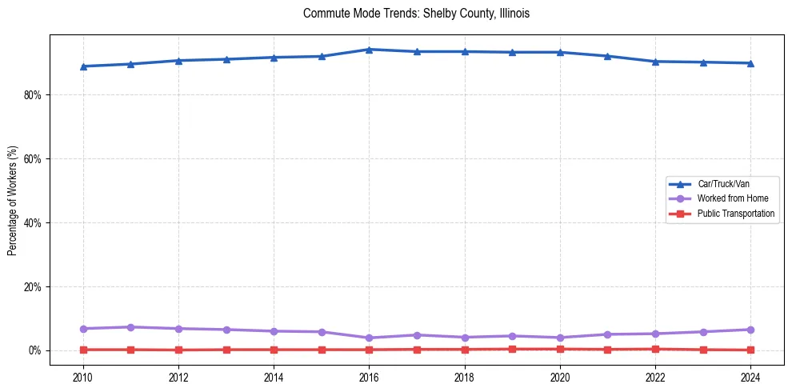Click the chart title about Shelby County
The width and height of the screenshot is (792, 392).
point(416,14)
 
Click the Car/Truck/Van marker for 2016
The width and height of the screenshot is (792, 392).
point(369,50)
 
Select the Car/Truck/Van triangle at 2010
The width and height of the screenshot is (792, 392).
point(82,66)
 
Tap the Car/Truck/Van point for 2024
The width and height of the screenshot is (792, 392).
point(750,63)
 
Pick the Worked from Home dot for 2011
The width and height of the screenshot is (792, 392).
point(130,327)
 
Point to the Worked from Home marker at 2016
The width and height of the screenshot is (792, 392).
point(369,338)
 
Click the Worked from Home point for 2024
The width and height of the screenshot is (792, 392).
point(750,330)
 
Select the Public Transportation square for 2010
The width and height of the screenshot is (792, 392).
point(82,350)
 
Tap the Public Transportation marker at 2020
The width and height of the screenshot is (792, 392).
point(560,349)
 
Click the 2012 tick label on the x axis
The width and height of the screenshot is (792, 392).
point(178,378)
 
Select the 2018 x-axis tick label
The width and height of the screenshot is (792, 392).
point(465,378)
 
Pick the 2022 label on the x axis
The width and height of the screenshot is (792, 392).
point(655,378)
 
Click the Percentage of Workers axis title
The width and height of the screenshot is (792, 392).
point(13,201)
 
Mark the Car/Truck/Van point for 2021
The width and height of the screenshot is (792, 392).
point(608,56)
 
